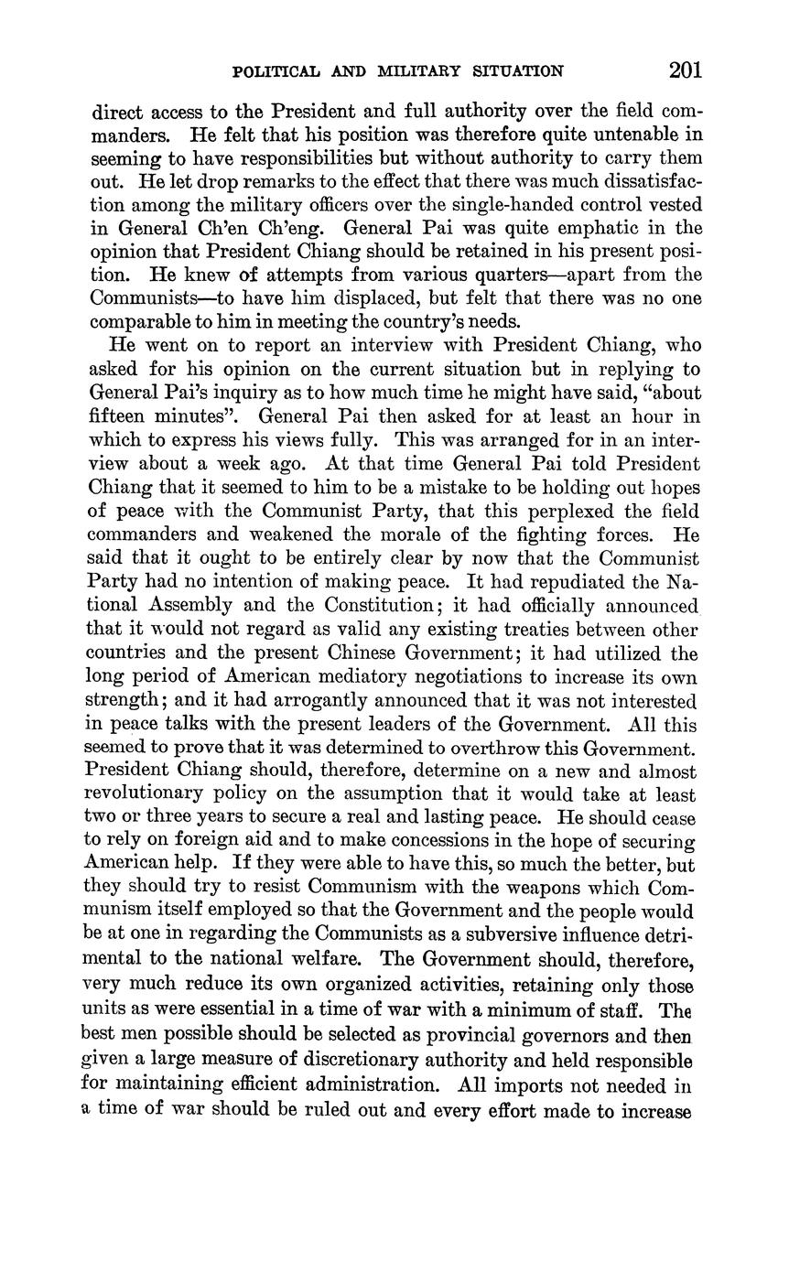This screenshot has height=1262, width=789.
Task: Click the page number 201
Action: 684,70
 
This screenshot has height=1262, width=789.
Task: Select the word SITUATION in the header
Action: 515,71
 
